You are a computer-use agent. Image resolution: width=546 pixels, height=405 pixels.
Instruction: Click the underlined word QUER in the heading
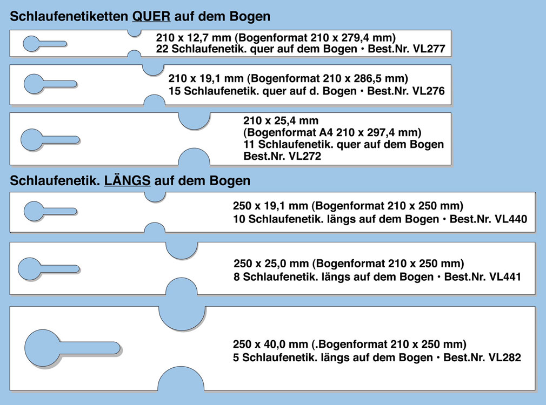151,17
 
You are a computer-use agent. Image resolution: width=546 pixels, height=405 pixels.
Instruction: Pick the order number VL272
304,157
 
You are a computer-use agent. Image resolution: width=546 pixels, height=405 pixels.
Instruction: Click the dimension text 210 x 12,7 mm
189,38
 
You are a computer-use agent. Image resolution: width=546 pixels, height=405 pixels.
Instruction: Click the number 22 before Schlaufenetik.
161,49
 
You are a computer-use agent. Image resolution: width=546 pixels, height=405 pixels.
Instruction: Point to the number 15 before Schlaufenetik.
174,91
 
